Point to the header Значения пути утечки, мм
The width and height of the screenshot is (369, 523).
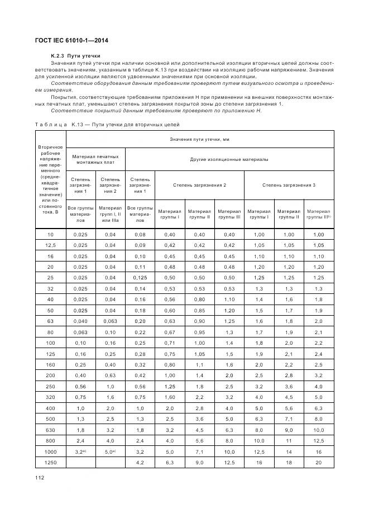[199, 139]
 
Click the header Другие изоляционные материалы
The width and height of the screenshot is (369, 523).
[229, 159]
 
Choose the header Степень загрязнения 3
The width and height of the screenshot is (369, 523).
[289, 184]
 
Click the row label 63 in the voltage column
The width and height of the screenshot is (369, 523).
[50, 321]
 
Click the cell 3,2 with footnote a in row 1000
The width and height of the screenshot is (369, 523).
[81, 452]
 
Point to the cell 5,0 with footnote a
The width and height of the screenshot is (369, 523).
[110, 452]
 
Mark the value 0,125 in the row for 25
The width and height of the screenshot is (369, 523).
[140, 277]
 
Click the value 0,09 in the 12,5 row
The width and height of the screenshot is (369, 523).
[140, 245]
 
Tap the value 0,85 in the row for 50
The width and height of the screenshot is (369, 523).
[199, 310]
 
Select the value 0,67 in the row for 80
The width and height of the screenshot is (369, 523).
[170, 332]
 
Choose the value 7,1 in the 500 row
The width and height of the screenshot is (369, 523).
[289, 419]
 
